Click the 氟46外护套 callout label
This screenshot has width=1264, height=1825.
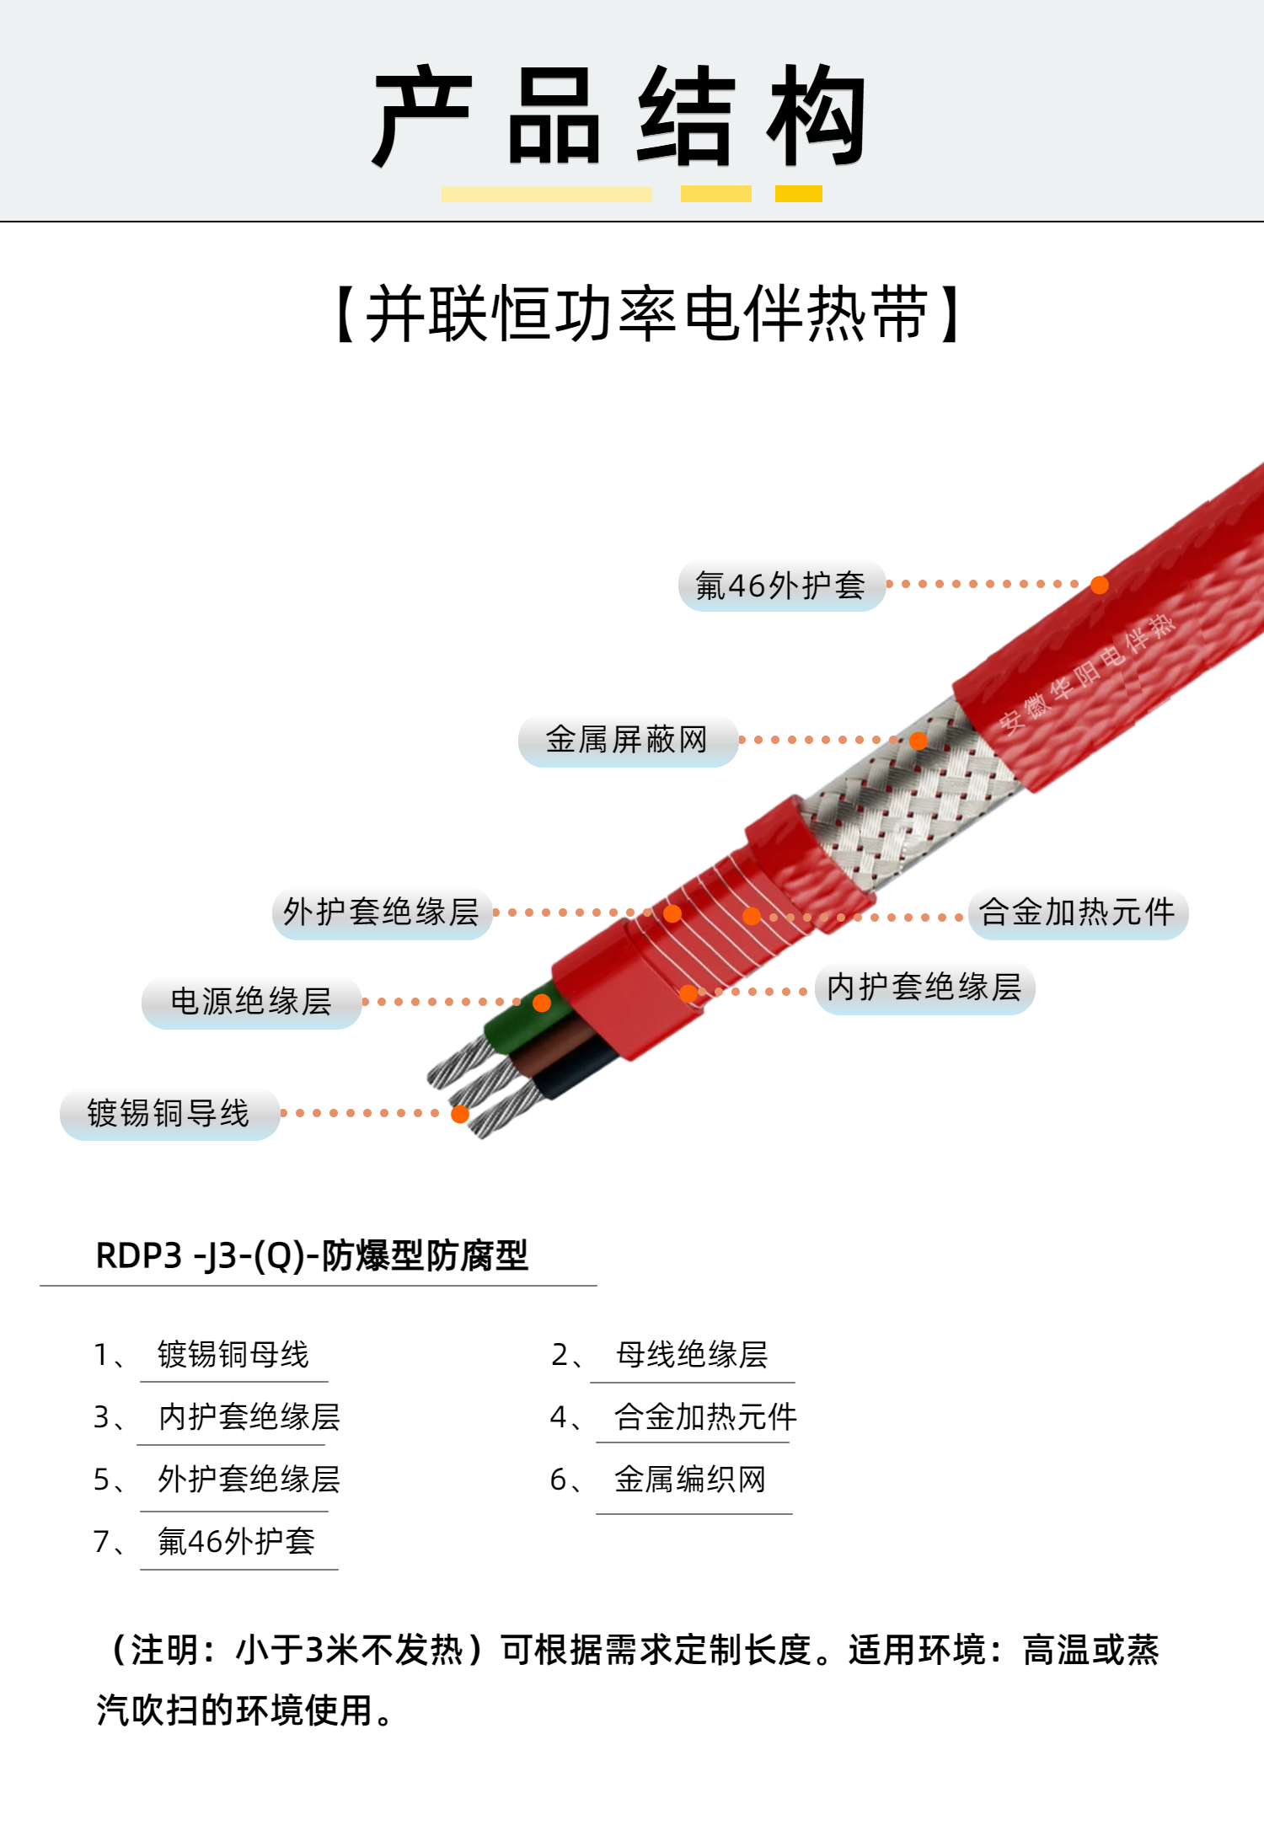click(x=781, y=585)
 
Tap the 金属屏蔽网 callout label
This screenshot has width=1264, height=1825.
click(x=628, y=741)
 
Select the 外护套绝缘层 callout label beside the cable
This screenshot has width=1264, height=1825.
click(x=382, y=912)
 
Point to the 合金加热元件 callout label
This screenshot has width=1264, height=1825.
click(x=1078, y=912)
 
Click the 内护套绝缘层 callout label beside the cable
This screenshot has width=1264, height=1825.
click(x=924, y=987)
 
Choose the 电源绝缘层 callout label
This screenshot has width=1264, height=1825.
click(x=251, y=1002)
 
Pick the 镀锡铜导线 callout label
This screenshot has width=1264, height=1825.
click(x=169, y=1114)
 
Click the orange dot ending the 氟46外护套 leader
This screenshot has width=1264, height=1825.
click(x=1100, y=585)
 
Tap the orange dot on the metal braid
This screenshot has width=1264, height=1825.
click(x=919, y=741)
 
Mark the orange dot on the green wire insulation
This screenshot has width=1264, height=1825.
click(x=542, y=1003)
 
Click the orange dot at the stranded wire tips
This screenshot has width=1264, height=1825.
click(x=460, y=1115)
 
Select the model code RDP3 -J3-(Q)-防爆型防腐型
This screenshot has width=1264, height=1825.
click(x=312, y=1255)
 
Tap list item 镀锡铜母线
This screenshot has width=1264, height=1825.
click(x=233, y=1355)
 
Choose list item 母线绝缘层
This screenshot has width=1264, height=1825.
click(x=692, y=1355)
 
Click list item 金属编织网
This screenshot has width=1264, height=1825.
click(x=690, y=1480)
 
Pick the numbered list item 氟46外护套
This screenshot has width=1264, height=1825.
click(x=236, y=1542)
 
